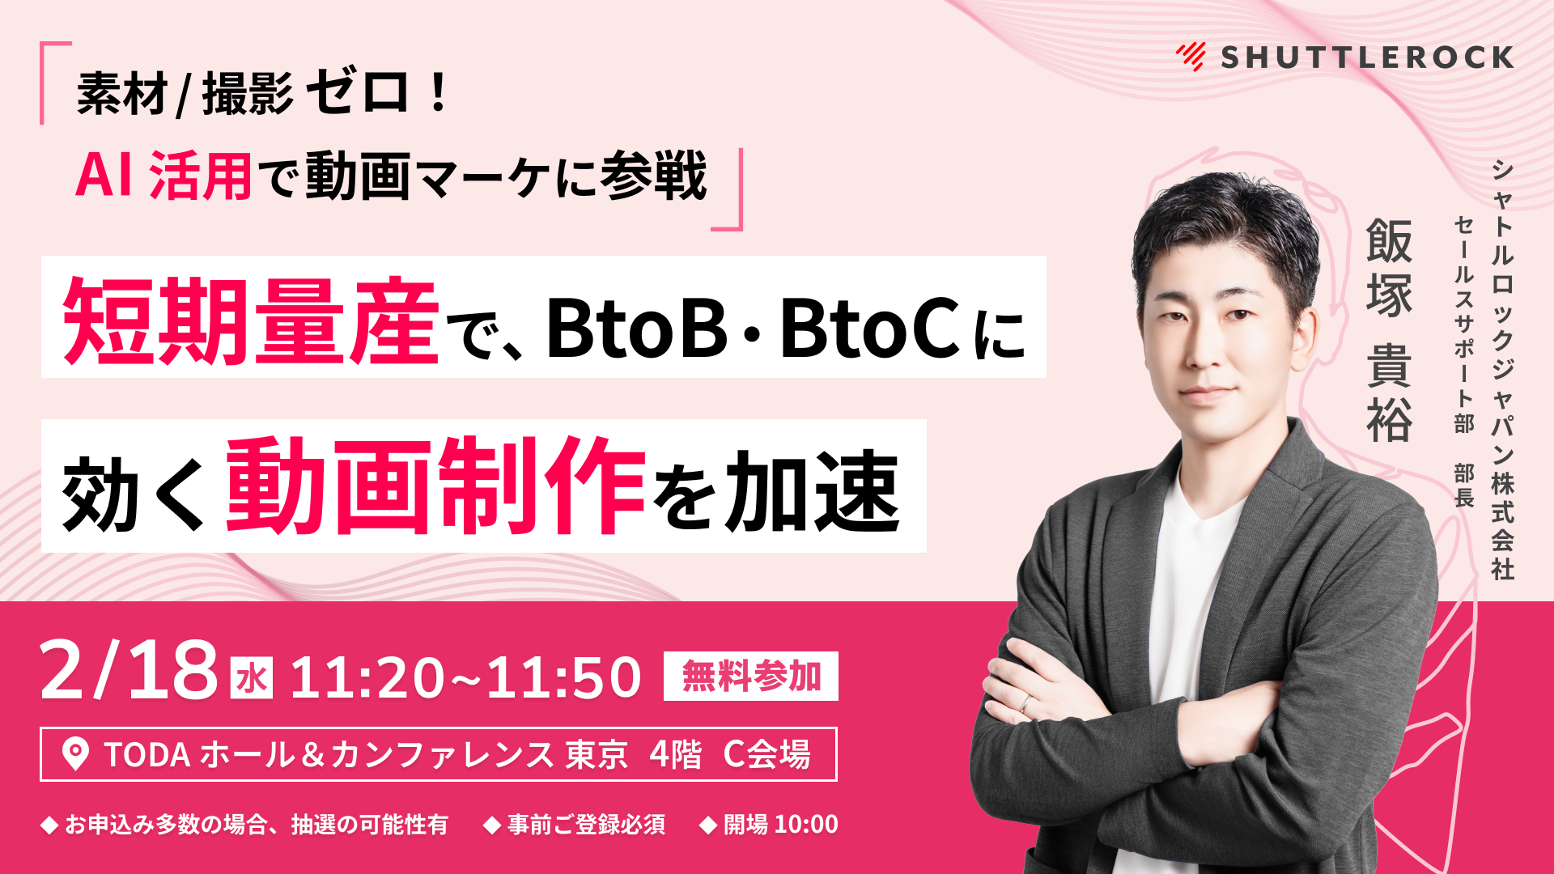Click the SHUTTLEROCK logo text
click(x=1367, y=57)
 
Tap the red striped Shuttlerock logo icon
click(x=1191, y=57)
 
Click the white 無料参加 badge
click(x=750, y=676)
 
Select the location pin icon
click(x=75, y=754)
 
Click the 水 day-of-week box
click(x=252, y=678)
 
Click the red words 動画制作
click(x=435, y=486)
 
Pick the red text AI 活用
click(x=163, y=176)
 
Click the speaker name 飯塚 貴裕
click(x=1389, y=330)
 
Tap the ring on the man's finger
click(x=1025, y=703)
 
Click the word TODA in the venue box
click(x=147, y=755)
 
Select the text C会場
click(x=766, y=754)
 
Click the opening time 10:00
click(x=807, y=825)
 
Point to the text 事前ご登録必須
click(x=586, y=825)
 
